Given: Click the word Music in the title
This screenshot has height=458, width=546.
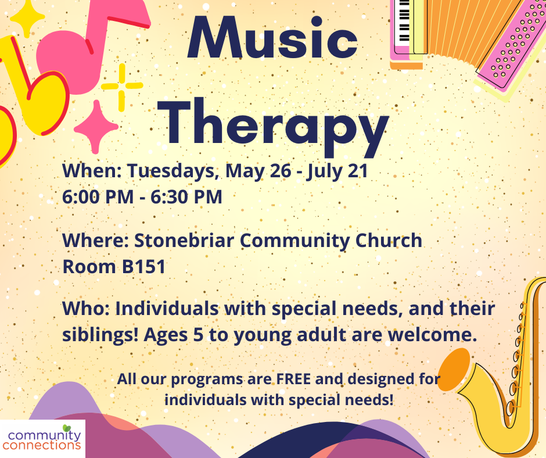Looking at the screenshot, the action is (272, 38).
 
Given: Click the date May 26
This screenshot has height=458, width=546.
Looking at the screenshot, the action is (258, 171).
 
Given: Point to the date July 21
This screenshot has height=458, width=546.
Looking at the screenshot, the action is (337, 171).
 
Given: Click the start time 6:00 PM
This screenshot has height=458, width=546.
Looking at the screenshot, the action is (98, 197).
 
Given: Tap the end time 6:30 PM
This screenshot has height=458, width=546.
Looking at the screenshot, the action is (186, 197).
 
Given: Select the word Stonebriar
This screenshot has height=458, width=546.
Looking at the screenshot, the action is (184, 241).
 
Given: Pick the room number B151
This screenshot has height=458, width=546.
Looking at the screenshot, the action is (143, 267).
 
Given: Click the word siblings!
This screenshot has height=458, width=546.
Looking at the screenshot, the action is (100, 335).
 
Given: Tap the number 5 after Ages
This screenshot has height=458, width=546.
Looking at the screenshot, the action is (198, 335).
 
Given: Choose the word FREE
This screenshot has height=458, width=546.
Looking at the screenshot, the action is (293, 379).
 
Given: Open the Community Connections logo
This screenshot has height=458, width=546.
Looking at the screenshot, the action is (42, 439).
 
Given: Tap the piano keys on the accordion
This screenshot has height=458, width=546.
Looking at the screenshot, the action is (404, 21).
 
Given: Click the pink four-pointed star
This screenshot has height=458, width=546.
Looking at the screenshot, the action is (96, 127).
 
